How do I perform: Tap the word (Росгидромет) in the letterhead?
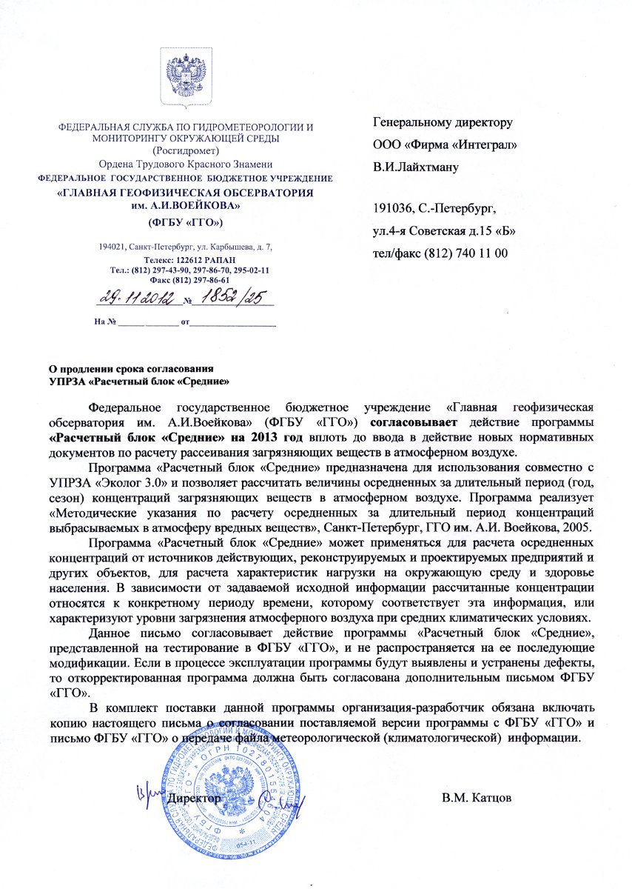(x=185, y=149)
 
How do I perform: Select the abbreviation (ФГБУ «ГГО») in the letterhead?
(x=186, y=222)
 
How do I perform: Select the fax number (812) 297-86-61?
(x=196, y=280)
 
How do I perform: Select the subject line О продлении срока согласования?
(x=131, y=368)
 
